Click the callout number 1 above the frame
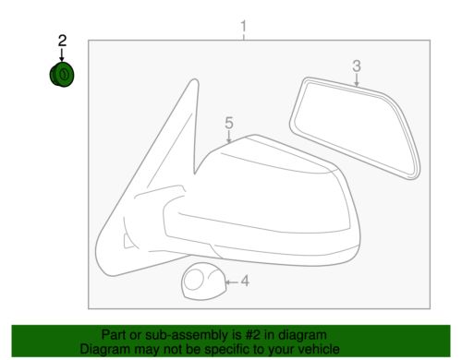[244, 27]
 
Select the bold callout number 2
[62, 41]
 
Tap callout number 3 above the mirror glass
[357, 66]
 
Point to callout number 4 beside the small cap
[245, 282]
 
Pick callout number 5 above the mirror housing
[229, 123]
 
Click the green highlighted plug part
[62, 75]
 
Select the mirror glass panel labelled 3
[355, 127]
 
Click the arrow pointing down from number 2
[62, 54]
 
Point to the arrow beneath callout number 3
[357, 79]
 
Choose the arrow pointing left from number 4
[232, 282]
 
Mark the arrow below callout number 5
[228, 137]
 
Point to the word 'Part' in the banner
[114, 335]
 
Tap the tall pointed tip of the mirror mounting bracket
[194, 80]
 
